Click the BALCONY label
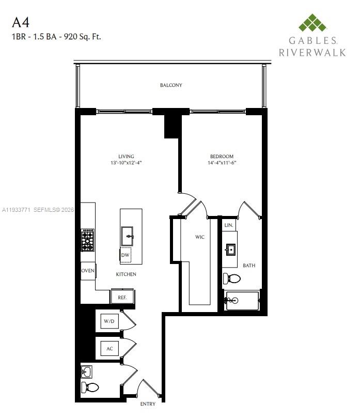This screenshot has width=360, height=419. pos(170,85)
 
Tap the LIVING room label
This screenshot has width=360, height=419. pos(126,157)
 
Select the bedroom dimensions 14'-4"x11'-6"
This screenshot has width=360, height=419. pos(222,163)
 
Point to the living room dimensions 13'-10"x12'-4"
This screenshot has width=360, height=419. pos(126,163)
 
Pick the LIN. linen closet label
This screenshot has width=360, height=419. pos(229,225)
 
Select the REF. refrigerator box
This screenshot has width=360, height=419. pos(122,297)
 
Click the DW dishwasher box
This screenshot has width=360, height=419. pos(125,255)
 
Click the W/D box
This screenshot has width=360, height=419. pos(109,321)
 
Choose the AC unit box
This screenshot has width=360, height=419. pos(109,349)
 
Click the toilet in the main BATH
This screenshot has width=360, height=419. pos(232,279)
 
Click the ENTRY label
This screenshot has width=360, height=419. pos(148,404)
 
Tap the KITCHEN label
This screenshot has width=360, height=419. pos(126,274)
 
